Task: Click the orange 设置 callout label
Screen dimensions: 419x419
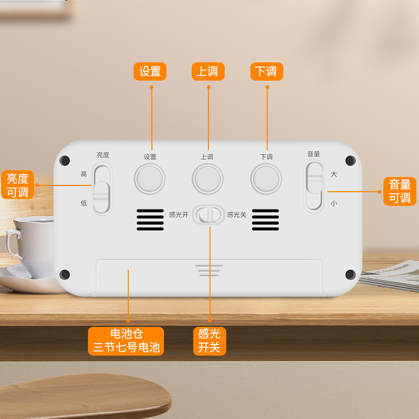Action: [x=150, y=71]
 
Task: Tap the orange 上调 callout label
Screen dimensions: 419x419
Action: [x=208, y=71]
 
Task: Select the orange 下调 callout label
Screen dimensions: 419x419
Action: [x=267, y=71]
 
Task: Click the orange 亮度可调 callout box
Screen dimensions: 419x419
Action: [x=17, y=185]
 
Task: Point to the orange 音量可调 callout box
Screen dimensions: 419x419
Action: [x=400, y=191]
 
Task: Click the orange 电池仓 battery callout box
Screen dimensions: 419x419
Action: [x=126, y=340]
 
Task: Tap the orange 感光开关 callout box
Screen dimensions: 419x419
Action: [x=210, y=340]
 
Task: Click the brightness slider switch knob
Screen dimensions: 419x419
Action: [x=102, y=197]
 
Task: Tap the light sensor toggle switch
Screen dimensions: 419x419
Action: [x=209, y=215]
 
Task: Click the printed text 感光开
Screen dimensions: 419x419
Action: [x=179, y=215]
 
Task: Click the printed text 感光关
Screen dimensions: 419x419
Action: [x=236, y=215]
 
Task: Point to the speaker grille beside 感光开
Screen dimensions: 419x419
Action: [x=150, y=220]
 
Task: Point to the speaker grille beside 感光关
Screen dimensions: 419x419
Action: [x=266, y=220]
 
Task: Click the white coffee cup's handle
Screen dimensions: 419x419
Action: [x=12, y=246]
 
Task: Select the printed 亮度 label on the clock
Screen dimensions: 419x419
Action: [x=103, y=155]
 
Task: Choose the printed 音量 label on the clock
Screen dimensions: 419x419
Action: [x=314, y=154]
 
